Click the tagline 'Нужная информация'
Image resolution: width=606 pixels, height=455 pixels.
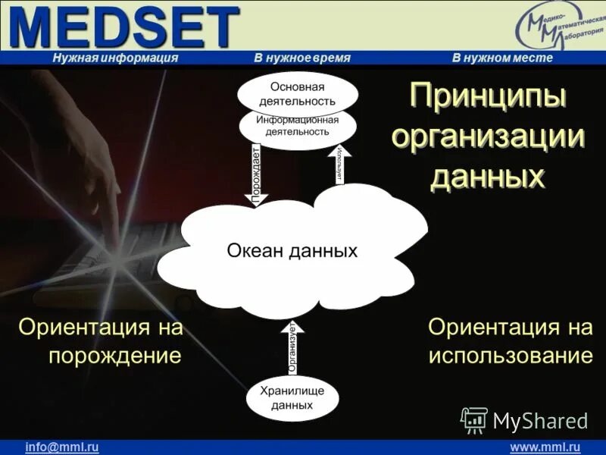tap(115, 58)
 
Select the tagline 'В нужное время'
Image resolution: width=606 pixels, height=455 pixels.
tap(302, 58)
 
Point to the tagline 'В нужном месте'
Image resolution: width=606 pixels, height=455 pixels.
tap(502, 58)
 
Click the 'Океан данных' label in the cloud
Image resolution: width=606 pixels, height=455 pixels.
tap(292, 251)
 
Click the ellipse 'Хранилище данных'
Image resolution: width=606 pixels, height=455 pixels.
tap(292, 398)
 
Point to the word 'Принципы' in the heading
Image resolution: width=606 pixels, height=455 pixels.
tap(488, 97)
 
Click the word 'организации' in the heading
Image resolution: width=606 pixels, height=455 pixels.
tap(488, 137)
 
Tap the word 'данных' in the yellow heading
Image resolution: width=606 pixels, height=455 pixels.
tap(488, 177)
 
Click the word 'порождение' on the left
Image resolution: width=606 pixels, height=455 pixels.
tap(115, 356)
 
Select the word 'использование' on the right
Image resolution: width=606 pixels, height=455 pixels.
tap(510, 356)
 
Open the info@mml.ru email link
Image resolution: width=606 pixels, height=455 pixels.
tap(62, 447)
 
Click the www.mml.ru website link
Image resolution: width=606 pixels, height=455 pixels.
tap(545, 447)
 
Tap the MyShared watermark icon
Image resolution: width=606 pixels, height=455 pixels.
tap(474, 419)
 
